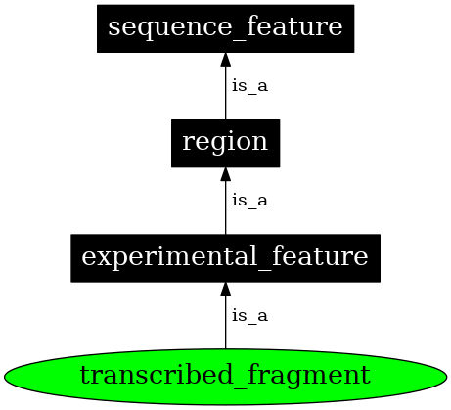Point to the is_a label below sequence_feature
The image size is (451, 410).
click(248, 86)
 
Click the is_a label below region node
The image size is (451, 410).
click(248, 201)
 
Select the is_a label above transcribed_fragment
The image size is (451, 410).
click(248, 316)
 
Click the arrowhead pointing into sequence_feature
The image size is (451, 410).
click(225, 59)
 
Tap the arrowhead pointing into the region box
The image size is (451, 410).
click(225, 174)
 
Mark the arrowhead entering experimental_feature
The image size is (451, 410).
click(225, 290)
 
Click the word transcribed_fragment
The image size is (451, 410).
click(225, 375)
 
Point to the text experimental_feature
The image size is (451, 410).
click(225, 258)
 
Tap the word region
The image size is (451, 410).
click(225, 143)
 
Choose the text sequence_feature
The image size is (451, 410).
click(225, 27)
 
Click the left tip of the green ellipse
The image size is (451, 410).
click(7, 375)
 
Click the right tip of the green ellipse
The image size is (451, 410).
click(445, 375)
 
